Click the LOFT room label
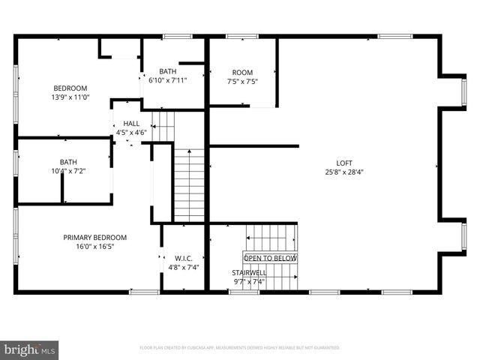pyautogui.click(x=343, y=163)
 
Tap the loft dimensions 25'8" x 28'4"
pyautogui.click(x=343, y=172)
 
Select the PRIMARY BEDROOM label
pyautogui.click(x=94, y=238)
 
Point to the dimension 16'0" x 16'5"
pyautogui.click(x=94, y=247)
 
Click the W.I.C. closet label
pyautogui.click(x=183, y=258)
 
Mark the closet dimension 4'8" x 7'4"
pyautogui.click(x=183, y=267)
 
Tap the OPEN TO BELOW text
pyautogui.click(x=269, y=258)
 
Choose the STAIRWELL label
pyautogui.click(x=248, y=273)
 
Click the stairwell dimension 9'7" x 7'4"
pyautogui.click(x=248, y=282)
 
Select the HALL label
pyautogui.click(x=131, y=124)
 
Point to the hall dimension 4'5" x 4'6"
pyautogui.click(x=131, y=133)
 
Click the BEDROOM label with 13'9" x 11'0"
pyautogui.click(x=70, y=88)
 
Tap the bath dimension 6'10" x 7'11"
pyautogui.click(x=168, y=80)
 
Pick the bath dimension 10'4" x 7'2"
pyautogui.click(x=68, y=171)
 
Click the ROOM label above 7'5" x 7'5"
pyautogui.click(x=242, y=72)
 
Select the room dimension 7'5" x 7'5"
pyautogui.click(x=242, y=81)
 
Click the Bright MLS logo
pyautogui.click(x=30, y=349)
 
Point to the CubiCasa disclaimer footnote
pyautogui.click(x=240, y=348)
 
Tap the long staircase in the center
pyautogui.click(x=189, y=184)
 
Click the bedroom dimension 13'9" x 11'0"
pyautogui.click(x=70, y=97)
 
